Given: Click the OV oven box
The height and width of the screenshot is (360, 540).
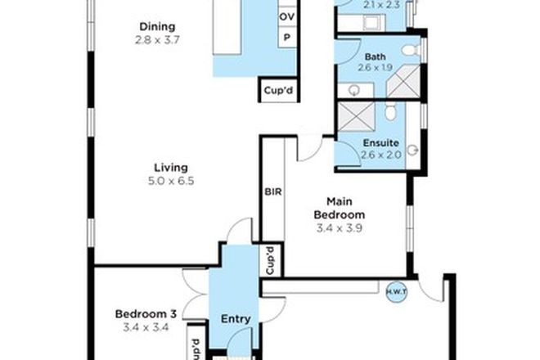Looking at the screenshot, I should pyautogui.click(x=287, y=17).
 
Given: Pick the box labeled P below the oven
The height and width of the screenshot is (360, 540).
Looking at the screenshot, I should pyautogui.click(x=287, y=38).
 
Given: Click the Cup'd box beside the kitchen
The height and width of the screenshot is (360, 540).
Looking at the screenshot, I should pyautogui.click(x=276, y=90).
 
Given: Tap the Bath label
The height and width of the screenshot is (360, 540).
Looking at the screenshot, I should pyautogui.click(x=375, y=56).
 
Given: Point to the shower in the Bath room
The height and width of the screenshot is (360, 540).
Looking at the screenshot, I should pyautogui.click(x=403, y=82).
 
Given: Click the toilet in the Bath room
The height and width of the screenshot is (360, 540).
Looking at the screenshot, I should pyautogui.click(x=414, y=51).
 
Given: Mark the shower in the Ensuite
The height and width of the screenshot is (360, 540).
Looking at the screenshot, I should pyautogui.click(x=354, y=119).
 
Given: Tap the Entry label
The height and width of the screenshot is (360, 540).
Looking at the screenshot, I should pyautogui.click(x=236, y=318).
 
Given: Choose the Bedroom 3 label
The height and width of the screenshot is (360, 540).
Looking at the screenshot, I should pyautogui.click(x=146, y=313).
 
